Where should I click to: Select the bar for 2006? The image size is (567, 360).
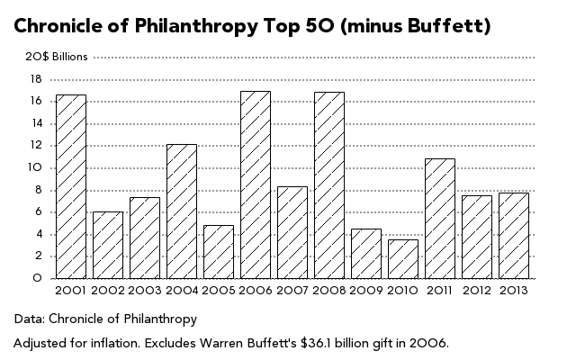pos(255,184)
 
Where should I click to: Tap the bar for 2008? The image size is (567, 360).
pos(328,185)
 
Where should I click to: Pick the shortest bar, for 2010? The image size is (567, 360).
pos(402,259)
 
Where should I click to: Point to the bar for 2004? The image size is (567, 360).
pos(181,211)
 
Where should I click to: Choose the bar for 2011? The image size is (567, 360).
pos(439,219)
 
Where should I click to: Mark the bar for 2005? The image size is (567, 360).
pos(218,252)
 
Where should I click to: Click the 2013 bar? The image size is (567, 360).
pos(513,236)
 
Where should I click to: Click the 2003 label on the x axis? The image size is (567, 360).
pos(144,291)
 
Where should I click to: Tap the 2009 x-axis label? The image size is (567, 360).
pos(365,291)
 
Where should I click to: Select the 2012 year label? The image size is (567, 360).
pos(476,291)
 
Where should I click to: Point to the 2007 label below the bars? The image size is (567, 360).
pos(292,291)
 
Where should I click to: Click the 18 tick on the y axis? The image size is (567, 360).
pos(36,79)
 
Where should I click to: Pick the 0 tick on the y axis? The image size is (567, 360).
pos(38,278)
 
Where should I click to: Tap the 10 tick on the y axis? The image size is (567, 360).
pos(36,167)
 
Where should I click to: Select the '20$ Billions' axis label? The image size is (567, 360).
pos(57,57)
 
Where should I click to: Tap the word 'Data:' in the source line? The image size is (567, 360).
pos(29,319)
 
